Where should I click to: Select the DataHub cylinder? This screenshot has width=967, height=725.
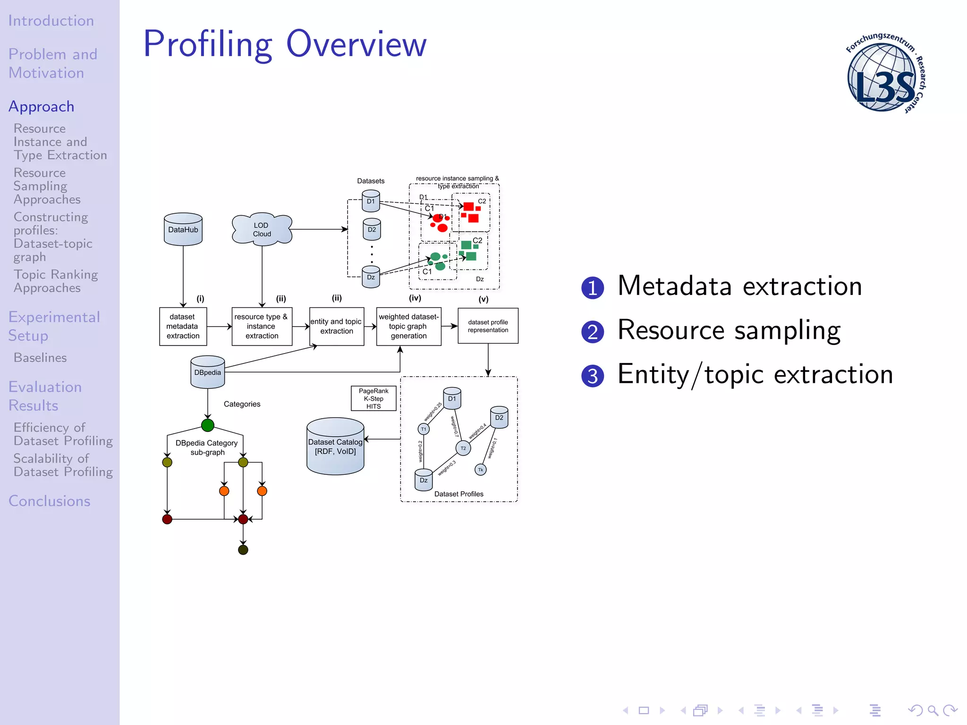[x=183, y=229]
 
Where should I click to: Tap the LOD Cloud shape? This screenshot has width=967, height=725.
[x=262, y=229]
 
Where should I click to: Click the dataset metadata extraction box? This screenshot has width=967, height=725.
[x=183, y=326]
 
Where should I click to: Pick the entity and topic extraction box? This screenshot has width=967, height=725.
[x=336, y=326]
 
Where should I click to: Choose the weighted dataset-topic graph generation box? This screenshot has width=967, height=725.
[x=408, y=326]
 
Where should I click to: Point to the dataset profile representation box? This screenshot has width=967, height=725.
[x=488, y=326]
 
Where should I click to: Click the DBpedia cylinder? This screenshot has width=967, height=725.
[x=207, y=372]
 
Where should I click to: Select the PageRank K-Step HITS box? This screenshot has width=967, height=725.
[x=373, y=398]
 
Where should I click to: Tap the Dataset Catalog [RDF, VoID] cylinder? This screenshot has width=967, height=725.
[x=335, y=447]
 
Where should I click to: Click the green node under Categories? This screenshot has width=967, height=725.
[x=208, y=425]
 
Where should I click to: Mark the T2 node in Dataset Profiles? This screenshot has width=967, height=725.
[x=463, y=448]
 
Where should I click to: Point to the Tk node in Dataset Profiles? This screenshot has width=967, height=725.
[x=480, y=470]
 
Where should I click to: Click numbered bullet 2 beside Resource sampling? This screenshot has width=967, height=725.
[x=593, y=331]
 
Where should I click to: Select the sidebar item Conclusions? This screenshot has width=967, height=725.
[x=50, y=501]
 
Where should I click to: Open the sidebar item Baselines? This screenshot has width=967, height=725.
[x=40, y=358]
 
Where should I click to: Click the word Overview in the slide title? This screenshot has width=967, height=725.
[x=356, y=44]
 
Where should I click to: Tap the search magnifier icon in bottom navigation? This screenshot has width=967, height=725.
[x=933, y=710]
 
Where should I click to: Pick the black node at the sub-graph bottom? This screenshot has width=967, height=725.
[x=243, y=550]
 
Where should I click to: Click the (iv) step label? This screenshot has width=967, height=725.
[x=415, y=298]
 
